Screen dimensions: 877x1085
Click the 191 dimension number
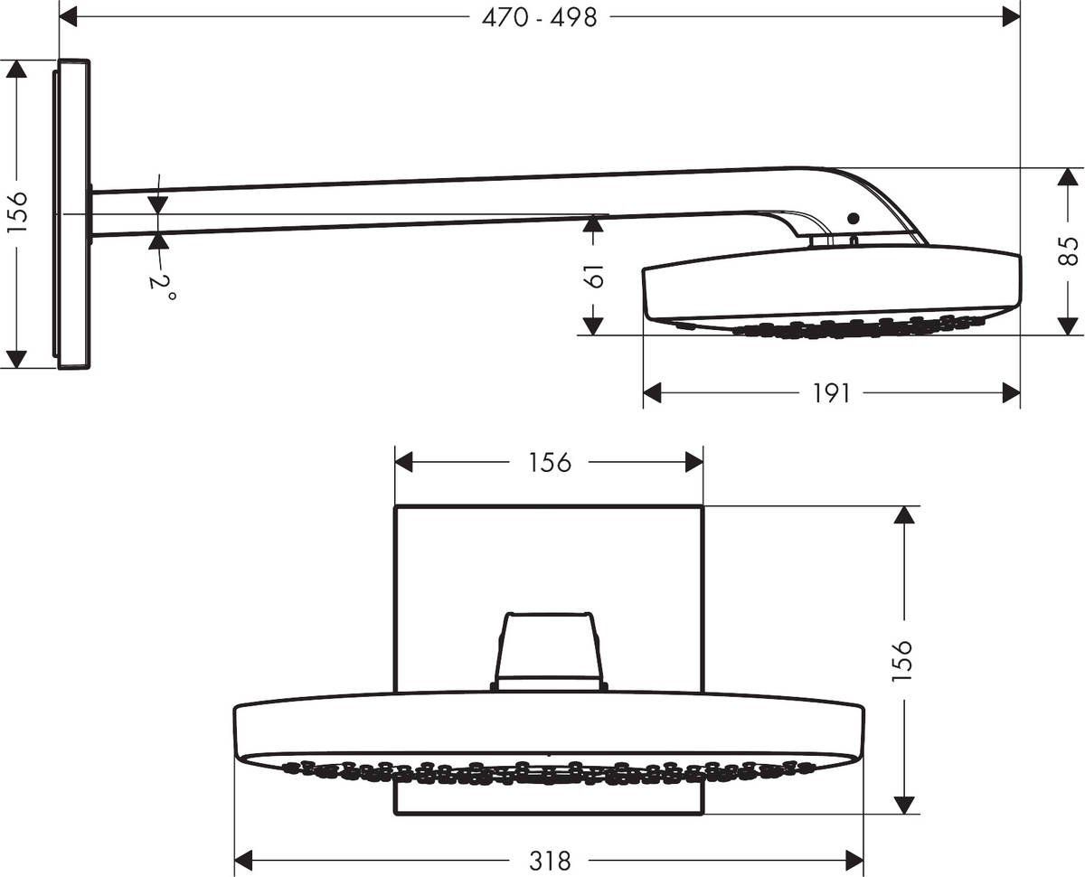831,393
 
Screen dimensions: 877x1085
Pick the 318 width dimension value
550,861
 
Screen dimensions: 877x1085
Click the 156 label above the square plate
550,462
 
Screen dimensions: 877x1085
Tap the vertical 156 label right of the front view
902,659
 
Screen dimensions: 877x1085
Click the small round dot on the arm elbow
852,218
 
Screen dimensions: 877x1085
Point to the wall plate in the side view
74,214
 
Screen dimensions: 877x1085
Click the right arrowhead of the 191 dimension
1010,393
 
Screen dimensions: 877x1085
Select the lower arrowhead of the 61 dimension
593,325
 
